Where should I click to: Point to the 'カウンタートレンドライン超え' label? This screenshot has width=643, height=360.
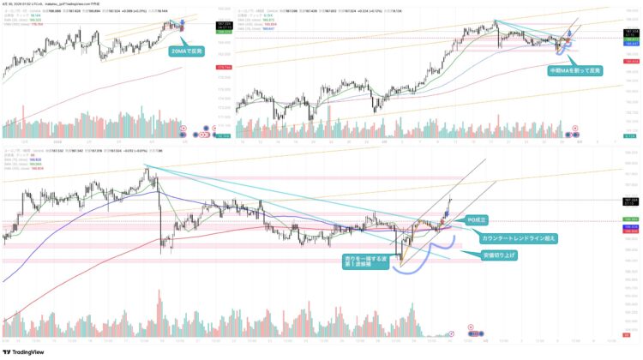click(x=511, y=237)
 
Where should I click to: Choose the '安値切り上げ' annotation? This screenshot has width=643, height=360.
click(x=500, y=255)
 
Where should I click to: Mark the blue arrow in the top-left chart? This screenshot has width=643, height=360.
click(x=182, y=20)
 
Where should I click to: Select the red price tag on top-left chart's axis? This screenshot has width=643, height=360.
click(x=203, y=67)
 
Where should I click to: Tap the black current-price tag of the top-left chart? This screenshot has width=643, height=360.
click(x=203, y=24)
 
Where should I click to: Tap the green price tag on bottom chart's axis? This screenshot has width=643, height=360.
click(x=629, y=219)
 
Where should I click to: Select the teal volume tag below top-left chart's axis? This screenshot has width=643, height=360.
click(x=203, y=134)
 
